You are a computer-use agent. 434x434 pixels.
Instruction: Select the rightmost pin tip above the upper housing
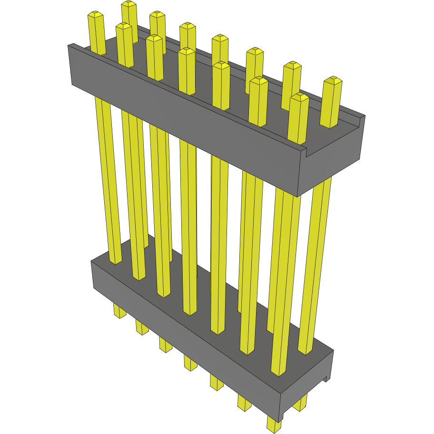(x=332, y=81)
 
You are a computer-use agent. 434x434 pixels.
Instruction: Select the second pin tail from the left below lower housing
(x=142, y=327)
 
